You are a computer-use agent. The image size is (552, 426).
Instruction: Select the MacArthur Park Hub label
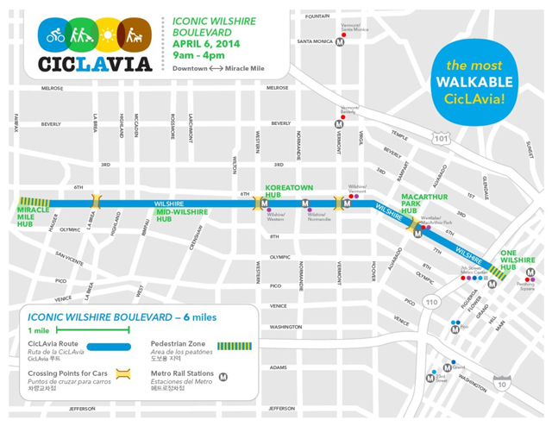pyautogui.click(x=421, y=203)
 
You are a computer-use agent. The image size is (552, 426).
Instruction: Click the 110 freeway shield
pyautogui.click(x=431, y=303)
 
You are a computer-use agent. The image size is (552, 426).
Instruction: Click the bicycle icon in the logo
pyautogui.click(x=55, y=34)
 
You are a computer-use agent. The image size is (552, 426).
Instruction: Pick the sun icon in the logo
pyautogui.click(x=108, y=34)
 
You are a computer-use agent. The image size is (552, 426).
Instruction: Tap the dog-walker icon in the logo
pyautogui.click(x=134, y=34)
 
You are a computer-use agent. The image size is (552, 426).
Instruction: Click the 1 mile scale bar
pyautogui.click(x=83, y=328)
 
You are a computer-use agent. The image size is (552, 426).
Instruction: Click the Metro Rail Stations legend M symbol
pyautogui.click(x=223, y=376)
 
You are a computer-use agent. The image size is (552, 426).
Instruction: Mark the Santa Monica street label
pyautogui.click(x=316, y=41)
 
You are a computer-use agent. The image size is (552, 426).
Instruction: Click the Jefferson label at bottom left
pyautogui.click(x=57, y=409)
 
